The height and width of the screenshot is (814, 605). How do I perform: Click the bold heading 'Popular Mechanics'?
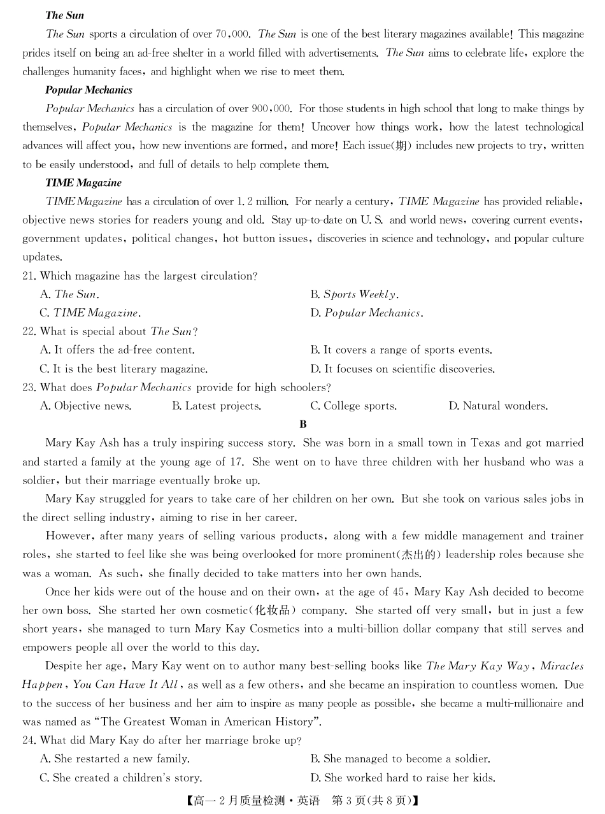point(89,90)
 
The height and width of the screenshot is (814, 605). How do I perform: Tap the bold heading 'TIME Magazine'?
point(83,183)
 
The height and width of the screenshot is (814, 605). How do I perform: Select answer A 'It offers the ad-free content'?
point(117,350)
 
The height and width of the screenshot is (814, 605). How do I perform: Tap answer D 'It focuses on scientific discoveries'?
point(402,369)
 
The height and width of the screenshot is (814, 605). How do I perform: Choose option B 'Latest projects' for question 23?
point(217,406)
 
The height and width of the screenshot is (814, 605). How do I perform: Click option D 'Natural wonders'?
point(498,406)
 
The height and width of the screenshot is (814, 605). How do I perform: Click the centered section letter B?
point(303,424)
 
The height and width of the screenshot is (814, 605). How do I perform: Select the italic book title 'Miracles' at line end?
point(562,666)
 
